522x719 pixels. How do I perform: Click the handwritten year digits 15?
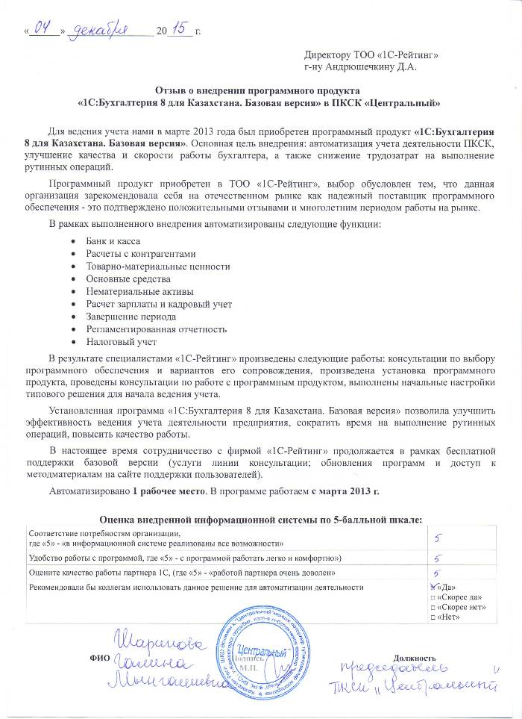[x=179, y=30]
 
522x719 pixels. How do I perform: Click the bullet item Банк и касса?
[x=113, y=240]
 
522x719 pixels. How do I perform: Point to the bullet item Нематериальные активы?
[x=139, y=291]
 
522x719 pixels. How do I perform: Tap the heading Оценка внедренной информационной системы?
[x=261, y=520]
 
